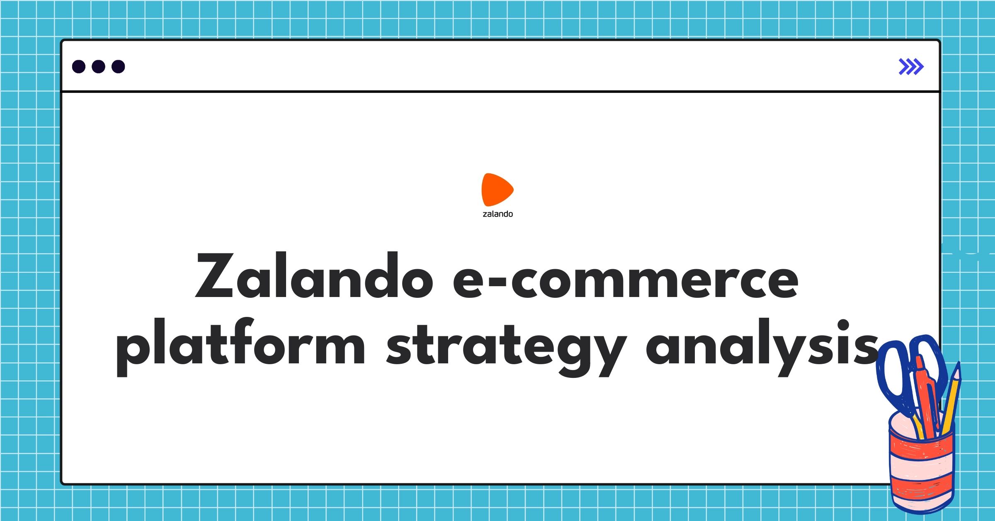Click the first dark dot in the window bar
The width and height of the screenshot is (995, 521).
click(79, 66)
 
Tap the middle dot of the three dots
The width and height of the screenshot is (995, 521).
click(98, 66)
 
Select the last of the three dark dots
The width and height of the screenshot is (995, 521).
click(118, 66)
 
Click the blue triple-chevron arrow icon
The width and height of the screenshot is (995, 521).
click(911, 67)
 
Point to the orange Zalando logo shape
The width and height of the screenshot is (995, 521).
click(497, 190)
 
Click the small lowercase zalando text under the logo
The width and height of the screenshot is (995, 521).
click(498, 214)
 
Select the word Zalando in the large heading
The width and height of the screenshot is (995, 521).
click(314, 276)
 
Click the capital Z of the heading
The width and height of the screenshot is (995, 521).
click(215, 276)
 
